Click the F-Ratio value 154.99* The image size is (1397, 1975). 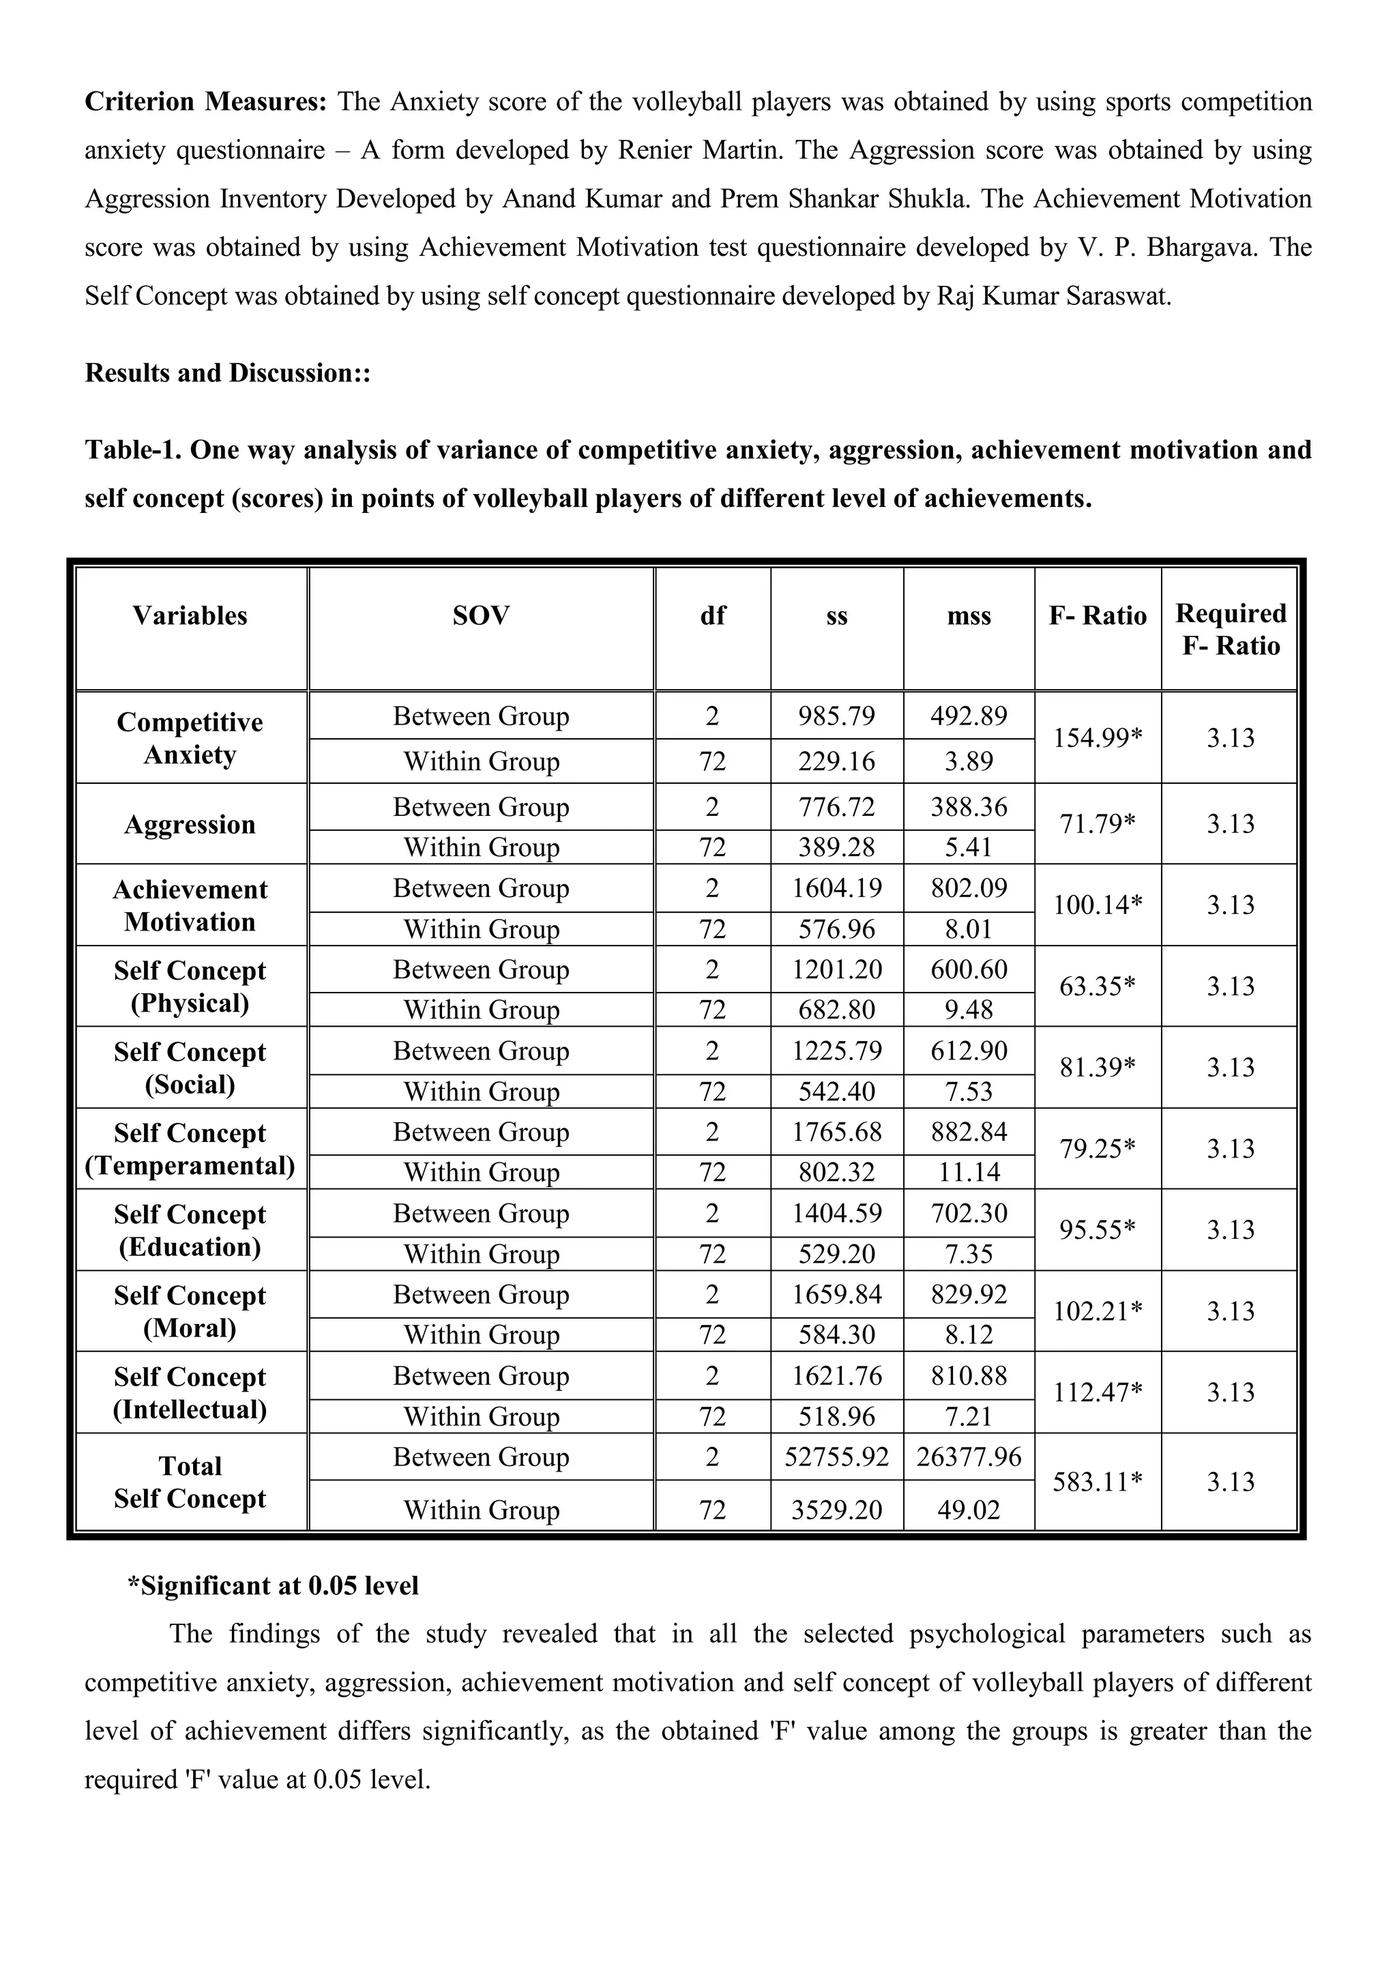pos(1097,737)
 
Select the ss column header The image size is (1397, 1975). pos(836,615)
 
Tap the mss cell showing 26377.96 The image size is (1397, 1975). pos(969,1457)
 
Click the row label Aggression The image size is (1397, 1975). pos(190,824)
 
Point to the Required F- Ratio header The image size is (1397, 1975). pos(1230,629)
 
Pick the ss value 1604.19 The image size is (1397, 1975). pos(836,888)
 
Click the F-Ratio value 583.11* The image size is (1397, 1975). pos(1097,1481)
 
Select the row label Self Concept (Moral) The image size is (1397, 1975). pos(190,1311)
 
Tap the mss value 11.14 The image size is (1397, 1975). pos(969,1171)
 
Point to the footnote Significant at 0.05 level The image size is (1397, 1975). pos(274,1585)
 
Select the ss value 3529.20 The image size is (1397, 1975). pos(836,1510)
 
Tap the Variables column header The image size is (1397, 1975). pos(190,615)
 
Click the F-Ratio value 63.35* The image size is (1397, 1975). pos(1097,986)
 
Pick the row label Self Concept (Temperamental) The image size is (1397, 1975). pos(190,1148)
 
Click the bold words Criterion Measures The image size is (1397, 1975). pos(205,102)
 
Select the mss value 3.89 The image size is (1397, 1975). pos(969,761)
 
